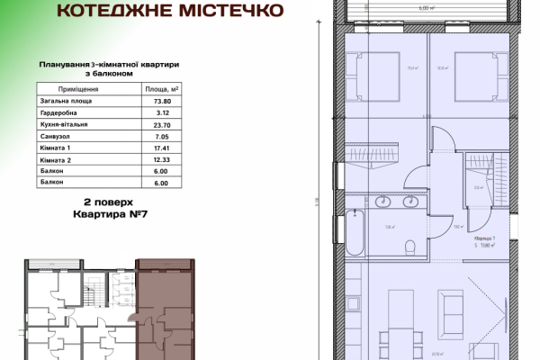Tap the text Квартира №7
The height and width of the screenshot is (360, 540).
coord(109,217)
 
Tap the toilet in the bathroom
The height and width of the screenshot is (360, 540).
coord(410,245)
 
